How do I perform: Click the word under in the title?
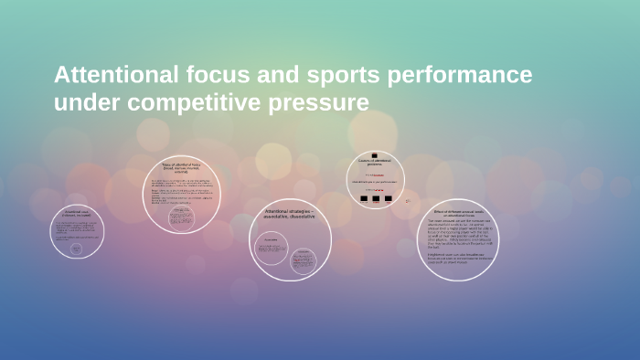click(x=88, y=102)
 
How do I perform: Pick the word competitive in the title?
click(x=195, y=102)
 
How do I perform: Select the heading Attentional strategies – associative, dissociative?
click(x=290, y=216)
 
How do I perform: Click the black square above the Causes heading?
click(x=374, y=154)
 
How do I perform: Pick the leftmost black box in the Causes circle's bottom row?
click(x=363, y=198)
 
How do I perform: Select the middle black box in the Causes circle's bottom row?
click(x=375, y=198)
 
